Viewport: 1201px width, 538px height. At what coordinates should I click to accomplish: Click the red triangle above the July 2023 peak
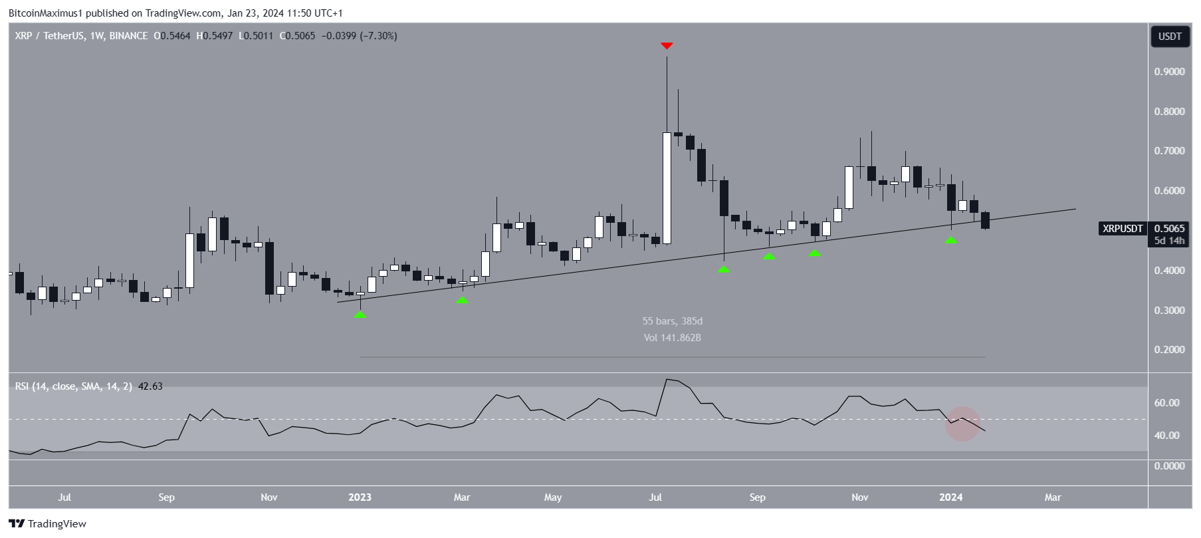tap(667, 46)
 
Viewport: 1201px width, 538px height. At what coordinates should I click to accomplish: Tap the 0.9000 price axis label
tap(1169, 72)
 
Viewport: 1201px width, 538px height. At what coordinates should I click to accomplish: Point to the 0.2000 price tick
tap(1169, 350)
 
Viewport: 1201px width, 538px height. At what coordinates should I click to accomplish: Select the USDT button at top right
tap(1170, 37)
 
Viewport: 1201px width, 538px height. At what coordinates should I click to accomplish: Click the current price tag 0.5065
tap(1169, 229)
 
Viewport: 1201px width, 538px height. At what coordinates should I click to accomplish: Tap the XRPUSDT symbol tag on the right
tap(1123, 229)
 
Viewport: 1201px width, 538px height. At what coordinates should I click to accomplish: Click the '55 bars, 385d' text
tap(672, 321)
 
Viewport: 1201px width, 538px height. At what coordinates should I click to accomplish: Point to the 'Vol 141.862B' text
tap(672, 338)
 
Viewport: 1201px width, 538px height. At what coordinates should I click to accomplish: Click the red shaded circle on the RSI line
tap(963, 424)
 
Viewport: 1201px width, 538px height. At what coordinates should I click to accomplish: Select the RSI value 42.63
tap(150, 386)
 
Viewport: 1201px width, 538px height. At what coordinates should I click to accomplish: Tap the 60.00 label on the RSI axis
tap(1166, 403)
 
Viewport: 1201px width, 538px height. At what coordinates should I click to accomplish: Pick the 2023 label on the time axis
tap(360, 497)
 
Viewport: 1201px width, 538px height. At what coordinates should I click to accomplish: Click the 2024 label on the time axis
tap(951, 497)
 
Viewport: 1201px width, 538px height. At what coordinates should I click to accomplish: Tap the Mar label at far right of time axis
tap(1053, 497)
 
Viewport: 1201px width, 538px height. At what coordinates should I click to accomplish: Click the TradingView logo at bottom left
tap(48, 524)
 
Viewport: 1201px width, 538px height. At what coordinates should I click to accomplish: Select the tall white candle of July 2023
tap(667, 188)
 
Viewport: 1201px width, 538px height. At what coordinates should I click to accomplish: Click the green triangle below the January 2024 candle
tap(951, 240)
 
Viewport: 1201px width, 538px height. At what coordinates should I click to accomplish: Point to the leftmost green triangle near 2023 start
tap(360, 315)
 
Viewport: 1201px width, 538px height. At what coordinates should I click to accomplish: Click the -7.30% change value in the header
tap(378, 36)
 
